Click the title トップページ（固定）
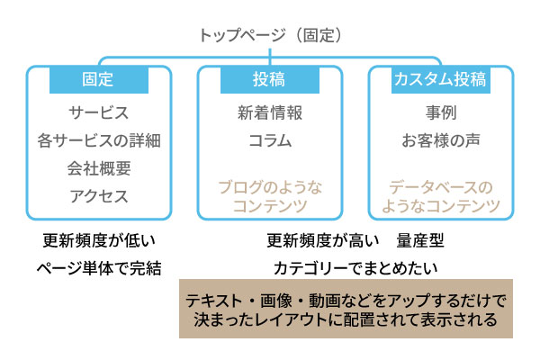pos(269,37)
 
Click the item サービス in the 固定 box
pos(98,113)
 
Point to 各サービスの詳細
pos(98,140)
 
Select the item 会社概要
pos(98,168)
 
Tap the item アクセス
pos(98,195)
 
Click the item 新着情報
pos(269,113)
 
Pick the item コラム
pos(269,140)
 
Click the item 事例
pos(440,113)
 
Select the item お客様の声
pos(440,140)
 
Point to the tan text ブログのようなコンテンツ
pos(269,197)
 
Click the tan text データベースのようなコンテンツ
pos(440,197)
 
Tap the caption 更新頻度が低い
pos(98,241)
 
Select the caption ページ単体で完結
pos(98,267)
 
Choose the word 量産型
pos(418,241)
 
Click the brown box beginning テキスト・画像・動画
pos(346,310)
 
